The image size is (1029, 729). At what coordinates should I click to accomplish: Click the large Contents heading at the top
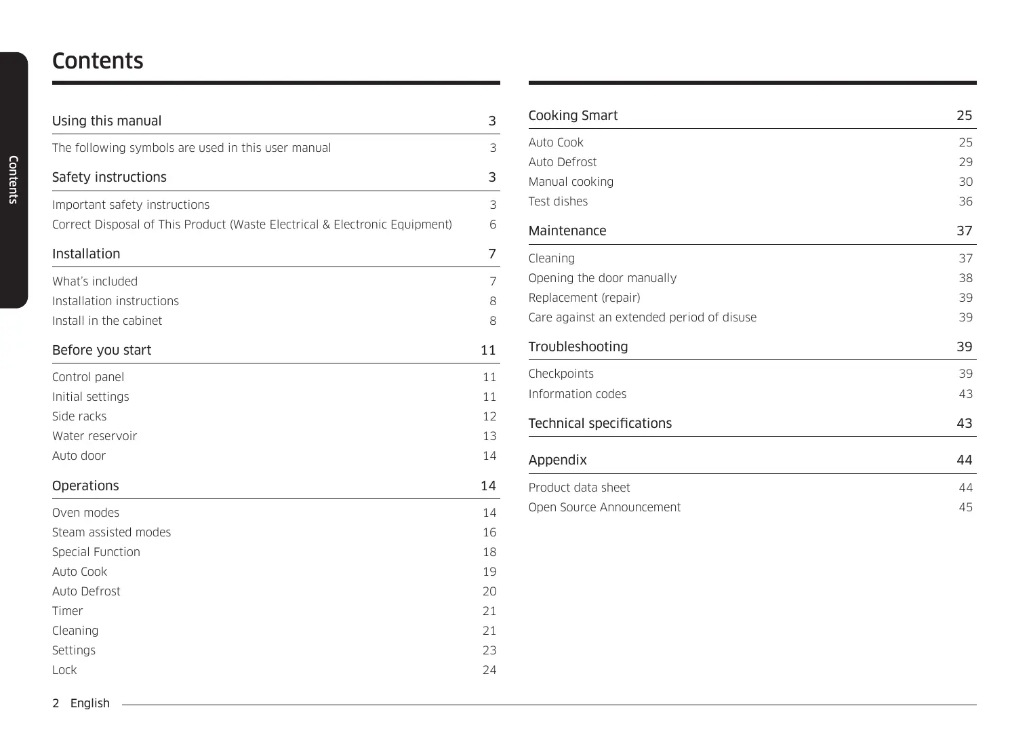point(98,61)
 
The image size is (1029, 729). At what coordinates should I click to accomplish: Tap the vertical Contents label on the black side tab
point(13,180)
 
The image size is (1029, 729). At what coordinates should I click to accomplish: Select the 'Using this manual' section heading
point(107,121)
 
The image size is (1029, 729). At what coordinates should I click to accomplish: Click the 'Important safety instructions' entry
point(131,205)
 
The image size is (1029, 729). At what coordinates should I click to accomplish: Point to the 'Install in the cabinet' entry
point(107,321)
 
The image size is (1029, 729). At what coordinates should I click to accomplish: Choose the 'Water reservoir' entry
point(95,436)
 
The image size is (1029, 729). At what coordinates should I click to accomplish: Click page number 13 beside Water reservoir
point(489,436)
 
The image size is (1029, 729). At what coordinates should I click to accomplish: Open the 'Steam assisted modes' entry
point(112,532)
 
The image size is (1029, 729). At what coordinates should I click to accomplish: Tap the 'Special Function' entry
point(96,552)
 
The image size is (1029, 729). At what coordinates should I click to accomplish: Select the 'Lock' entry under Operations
point(64,670)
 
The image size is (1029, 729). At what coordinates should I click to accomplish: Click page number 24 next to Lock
point(489,670)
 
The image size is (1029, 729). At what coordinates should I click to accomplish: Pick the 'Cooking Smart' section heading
point(573,116)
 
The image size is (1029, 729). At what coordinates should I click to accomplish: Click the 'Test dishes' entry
point(558,201)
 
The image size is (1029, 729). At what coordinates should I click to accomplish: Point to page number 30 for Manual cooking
point(965,182)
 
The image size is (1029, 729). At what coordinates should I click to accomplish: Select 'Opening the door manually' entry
point(603,278)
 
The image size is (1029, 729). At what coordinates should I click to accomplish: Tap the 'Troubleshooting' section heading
point(578,347)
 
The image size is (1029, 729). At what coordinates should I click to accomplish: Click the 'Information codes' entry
point(578,394)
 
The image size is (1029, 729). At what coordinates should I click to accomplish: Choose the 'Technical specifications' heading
point(600,424)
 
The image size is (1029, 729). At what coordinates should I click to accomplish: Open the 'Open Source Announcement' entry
point(605,507)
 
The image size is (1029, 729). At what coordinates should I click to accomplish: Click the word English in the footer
point(90,703)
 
